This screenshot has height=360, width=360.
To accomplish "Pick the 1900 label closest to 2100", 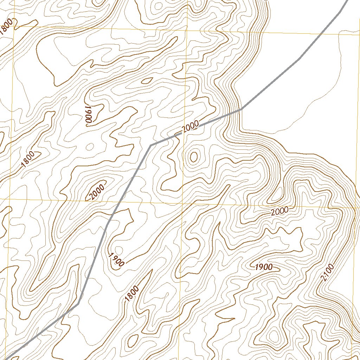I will [x=263, y=267].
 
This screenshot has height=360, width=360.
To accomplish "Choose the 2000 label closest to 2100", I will [x=280, y=211].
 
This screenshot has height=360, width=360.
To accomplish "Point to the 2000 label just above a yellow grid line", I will [x=97, y=192].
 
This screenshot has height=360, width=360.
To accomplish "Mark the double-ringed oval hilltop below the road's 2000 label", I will [x=193, y=156].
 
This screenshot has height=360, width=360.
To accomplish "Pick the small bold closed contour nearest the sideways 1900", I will [x=147, y=81].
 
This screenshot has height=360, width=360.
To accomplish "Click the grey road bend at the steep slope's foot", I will [x=241, y=109].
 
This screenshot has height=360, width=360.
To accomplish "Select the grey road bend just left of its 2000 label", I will [x=150, y=145].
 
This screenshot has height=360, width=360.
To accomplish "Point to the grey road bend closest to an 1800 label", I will [x=78, y=302].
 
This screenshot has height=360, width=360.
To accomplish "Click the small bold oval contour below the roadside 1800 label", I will [x=133, y=340].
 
